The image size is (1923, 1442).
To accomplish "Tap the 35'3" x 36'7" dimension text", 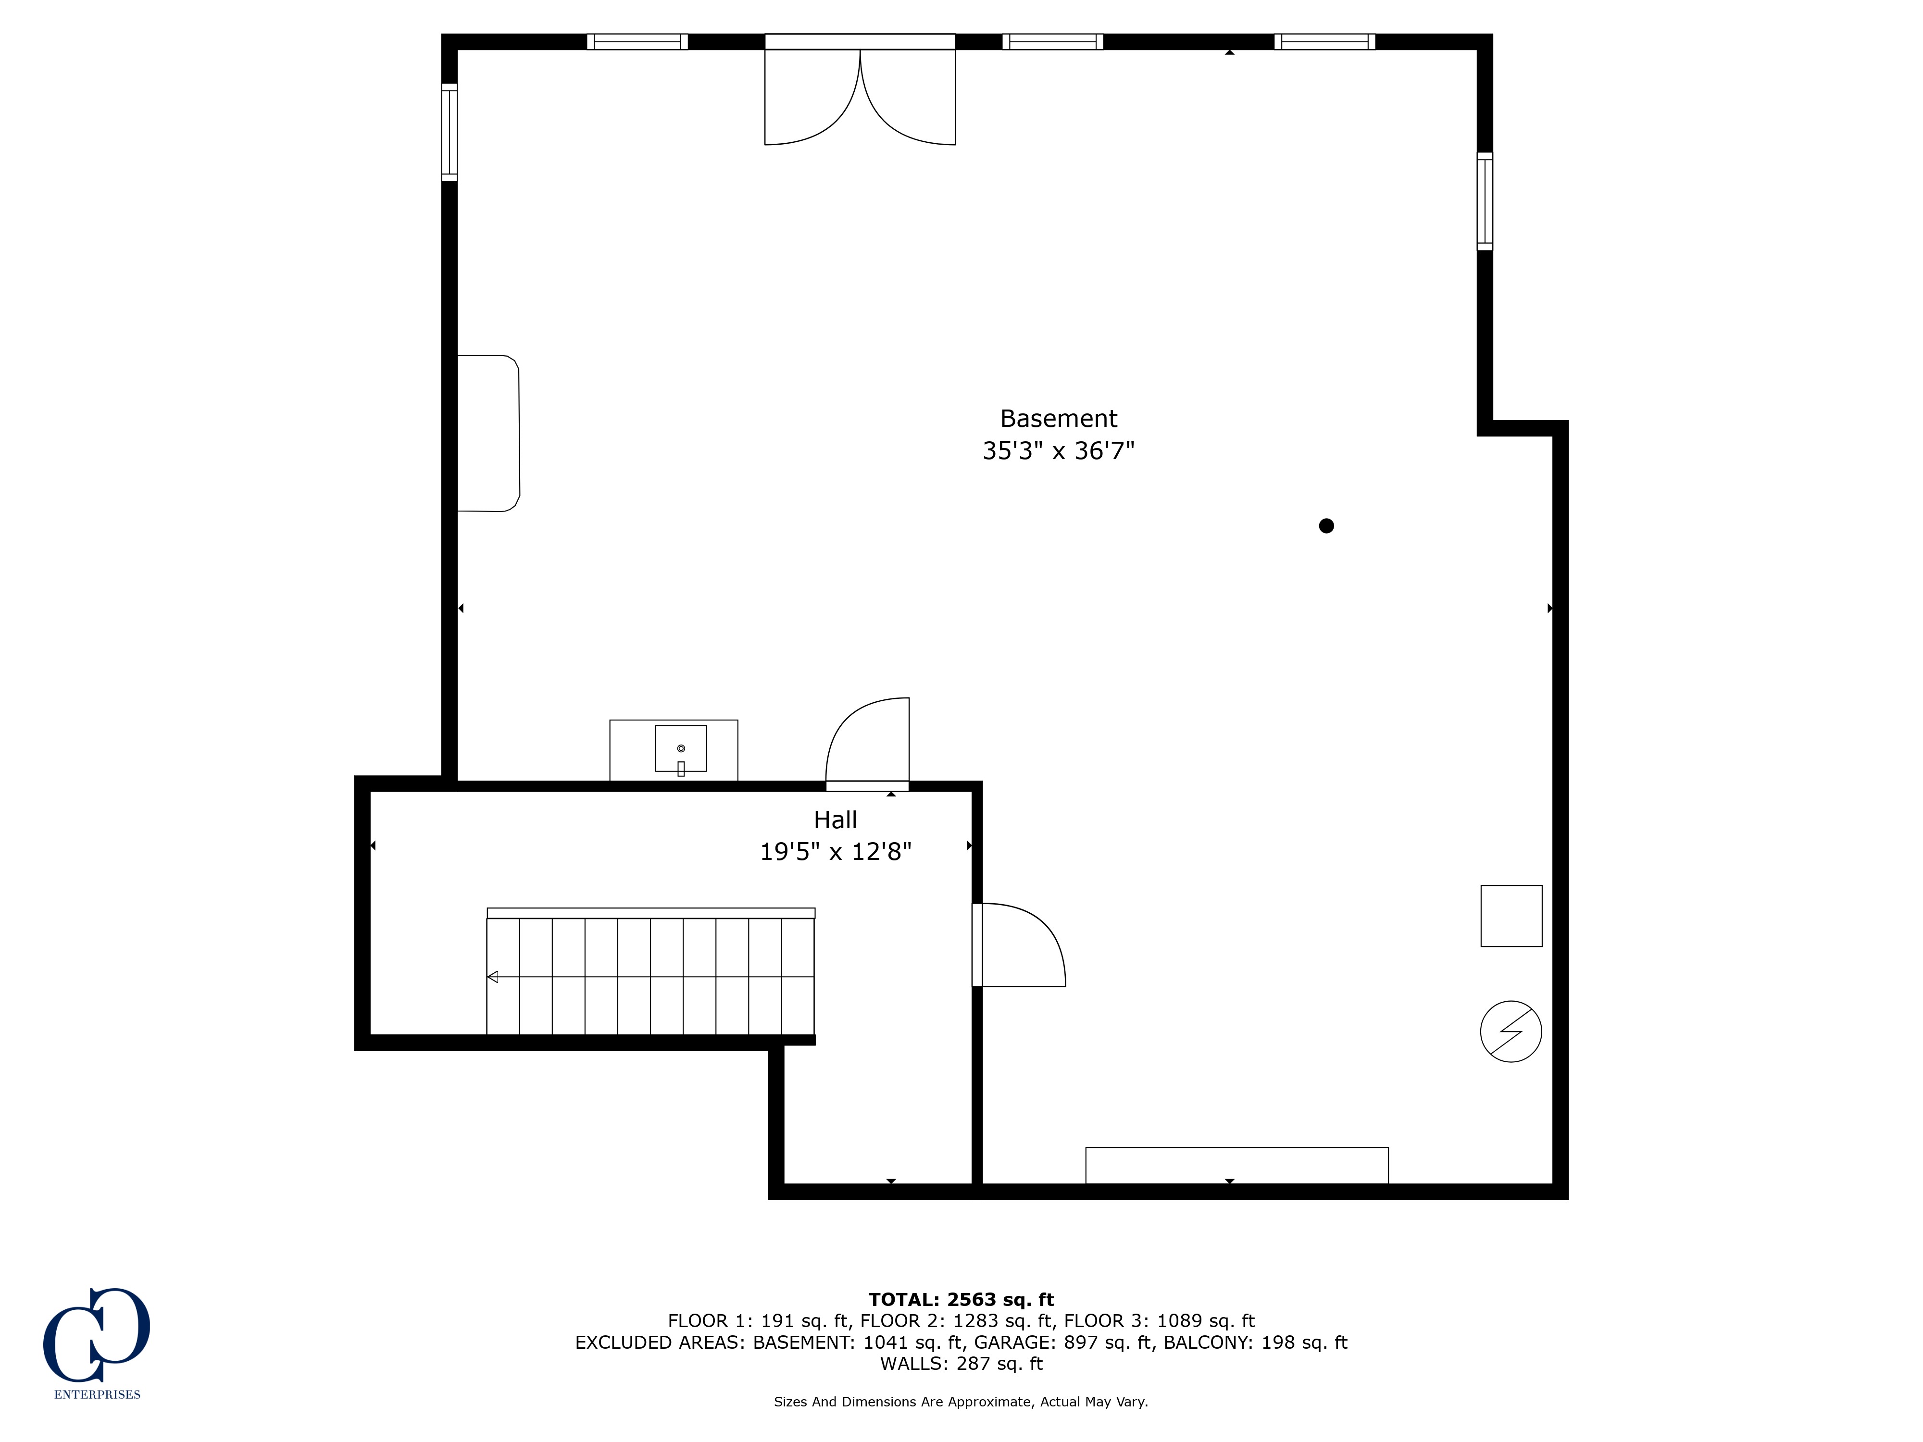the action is pyautogui.click(x=1058, y=450).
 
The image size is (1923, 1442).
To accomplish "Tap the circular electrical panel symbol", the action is pyautogui.click(x=1511, y=1031).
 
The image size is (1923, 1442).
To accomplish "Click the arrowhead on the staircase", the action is pyautogui.click(x=493, y=977).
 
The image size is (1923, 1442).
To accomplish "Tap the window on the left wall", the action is pyautogui.click(x=450, y=132).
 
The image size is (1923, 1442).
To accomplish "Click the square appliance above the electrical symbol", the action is pyautogui.click(x=1511, y=915).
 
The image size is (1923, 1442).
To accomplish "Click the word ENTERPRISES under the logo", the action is pyautogui.click(x=98, y=1394).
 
